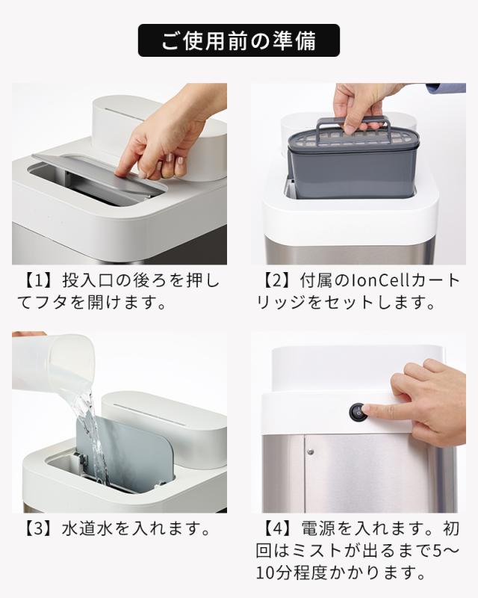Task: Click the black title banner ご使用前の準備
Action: [x=238, y=40]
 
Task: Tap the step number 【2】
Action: [x=277, y=281]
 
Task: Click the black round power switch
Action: [x=358, y=413]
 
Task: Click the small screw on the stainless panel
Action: [x=311, y=452]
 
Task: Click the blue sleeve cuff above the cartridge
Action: [x=446, y=87]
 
